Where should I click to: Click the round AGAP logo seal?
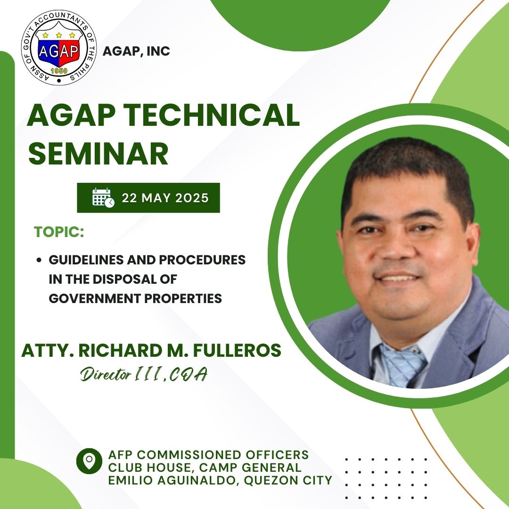click(59, 48)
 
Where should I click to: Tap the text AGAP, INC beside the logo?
click(136, 51)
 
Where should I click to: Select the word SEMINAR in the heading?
click(98, 153)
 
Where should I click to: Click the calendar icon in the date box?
click(103, 197)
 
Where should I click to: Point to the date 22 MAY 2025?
click(165, 197)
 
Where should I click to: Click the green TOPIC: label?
click(59, 232)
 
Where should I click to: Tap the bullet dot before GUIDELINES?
click(39, 260)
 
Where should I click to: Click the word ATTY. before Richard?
click(48, 351)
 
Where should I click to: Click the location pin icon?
click(89, 461)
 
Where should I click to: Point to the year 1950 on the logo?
click(59, 71)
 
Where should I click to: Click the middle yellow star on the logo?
click(59, 35)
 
